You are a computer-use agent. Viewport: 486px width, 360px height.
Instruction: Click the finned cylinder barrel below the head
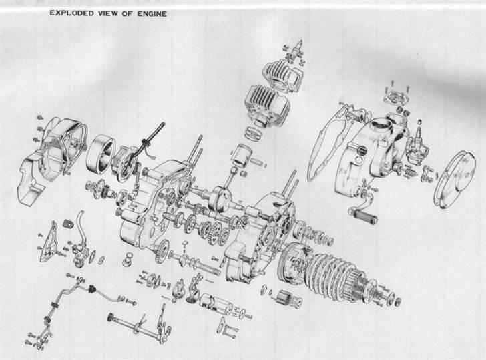click(x=267, y=106)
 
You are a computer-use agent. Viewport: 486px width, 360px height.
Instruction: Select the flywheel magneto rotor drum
click(x=101, y=153)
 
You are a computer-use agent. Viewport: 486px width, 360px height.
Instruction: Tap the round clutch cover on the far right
click(x=455, y=180)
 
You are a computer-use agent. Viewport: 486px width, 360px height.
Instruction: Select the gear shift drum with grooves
click(x=216, y=303)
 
